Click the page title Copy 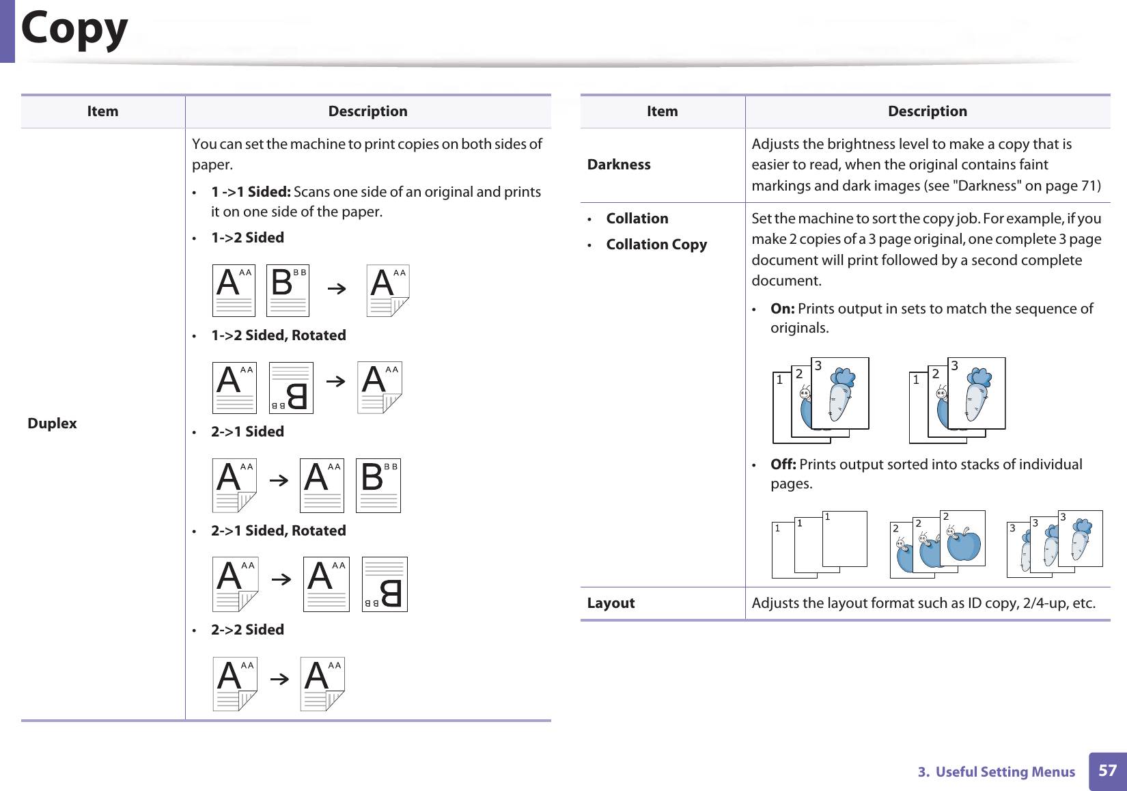(x=74, y=29)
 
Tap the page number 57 (x=1107, y=771)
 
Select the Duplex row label (x=52, y=424)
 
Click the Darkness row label (x=619, y=165)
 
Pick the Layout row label (x=611, y=603)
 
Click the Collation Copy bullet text (x=656, y=245)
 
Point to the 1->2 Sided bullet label (x=247, y=238)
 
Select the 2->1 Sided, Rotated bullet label (x=278, y=531)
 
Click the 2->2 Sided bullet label (x=247, y=630)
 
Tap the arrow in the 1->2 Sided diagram (x=337, y=289)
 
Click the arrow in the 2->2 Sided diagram (x=279, y=680)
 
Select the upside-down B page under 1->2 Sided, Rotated (x=291, y=388)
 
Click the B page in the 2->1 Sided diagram (x=378, y=486)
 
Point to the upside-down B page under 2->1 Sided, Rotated (x=385, y=585)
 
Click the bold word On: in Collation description (x=782, y=309)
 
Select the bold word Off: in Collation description (x=783, y=464)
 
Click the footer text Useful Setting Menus (x=1005, y=772)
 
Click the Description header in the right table (x=927, y=111)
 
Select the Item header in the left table (x=102, y=111)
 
